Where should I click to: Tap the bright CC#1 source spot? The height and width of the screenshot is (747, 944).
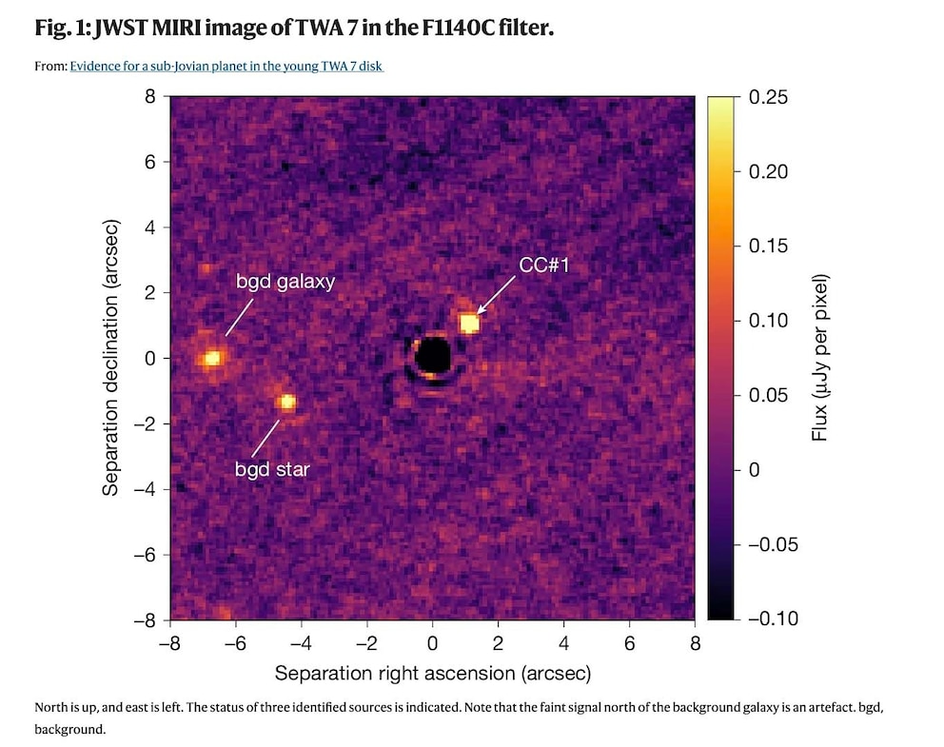469,324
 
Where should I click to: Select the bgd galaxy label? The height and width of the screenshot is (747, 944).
285,283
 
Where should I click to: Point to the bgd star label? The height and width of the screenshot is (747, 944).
272,468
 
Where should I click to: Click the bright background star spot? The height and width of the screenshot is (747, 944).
285,403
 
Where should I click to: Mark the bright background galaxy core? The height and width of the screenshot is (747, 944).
212,358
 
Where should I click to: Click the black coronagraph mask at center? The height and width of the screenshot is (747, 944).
433,356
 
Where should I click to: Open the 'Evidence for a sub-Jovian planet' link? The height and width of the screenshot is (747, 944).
226,67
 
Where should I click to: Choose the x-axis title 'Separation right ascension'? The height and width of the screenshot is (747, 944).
433,673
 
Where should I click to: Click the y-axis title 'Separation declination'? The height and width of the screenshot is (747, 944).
111,358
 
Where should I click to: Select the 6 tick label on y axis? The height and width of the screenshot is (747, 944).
150,163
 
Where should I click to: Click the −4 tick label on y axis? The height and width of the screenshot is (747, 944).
145,488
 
